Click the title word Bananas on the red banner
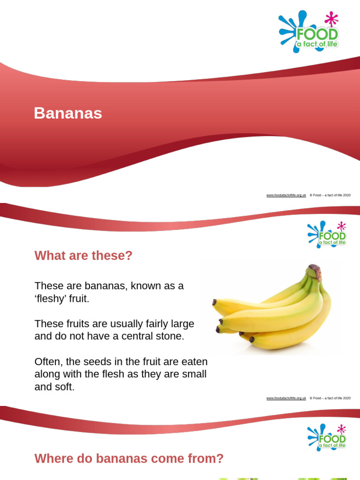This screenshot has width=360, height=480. pyautogui.click(x=68, y=113)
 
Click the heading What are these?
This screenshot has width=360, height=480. pyautogui.click(x=83, y=256)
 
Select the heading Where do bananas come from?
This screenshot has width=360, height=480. pyautogui.click(x=129, y=458)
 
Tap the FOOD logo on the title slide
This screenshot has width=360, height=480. pyautogui.click(x=309, y=32)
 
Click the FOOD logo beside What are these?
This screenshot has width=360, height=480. pyautogui.click(x=327, y=234)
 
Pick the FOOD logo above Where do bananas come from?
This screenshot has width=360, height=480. pyautogui.click(x=327, y=437)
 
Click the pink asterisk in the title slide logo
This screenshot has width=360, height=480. pyautogui.click(x=331, y=19)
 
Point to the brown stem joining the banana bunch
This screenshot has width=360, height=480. pyautogui.click(x=315, y=272)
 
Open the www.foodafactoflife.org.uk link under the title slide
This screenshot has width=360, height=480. pyautogui.click(x=286, y=195)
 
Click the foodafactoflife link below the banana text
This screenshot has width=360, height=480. pyautogui.click(x=286, y=398)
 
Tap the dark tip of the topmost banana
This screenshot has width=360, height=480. pyautogui.click(x=214, y=302)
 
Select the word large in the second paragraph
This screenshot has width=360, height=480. pyautogui.click(x=181, y=324)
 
